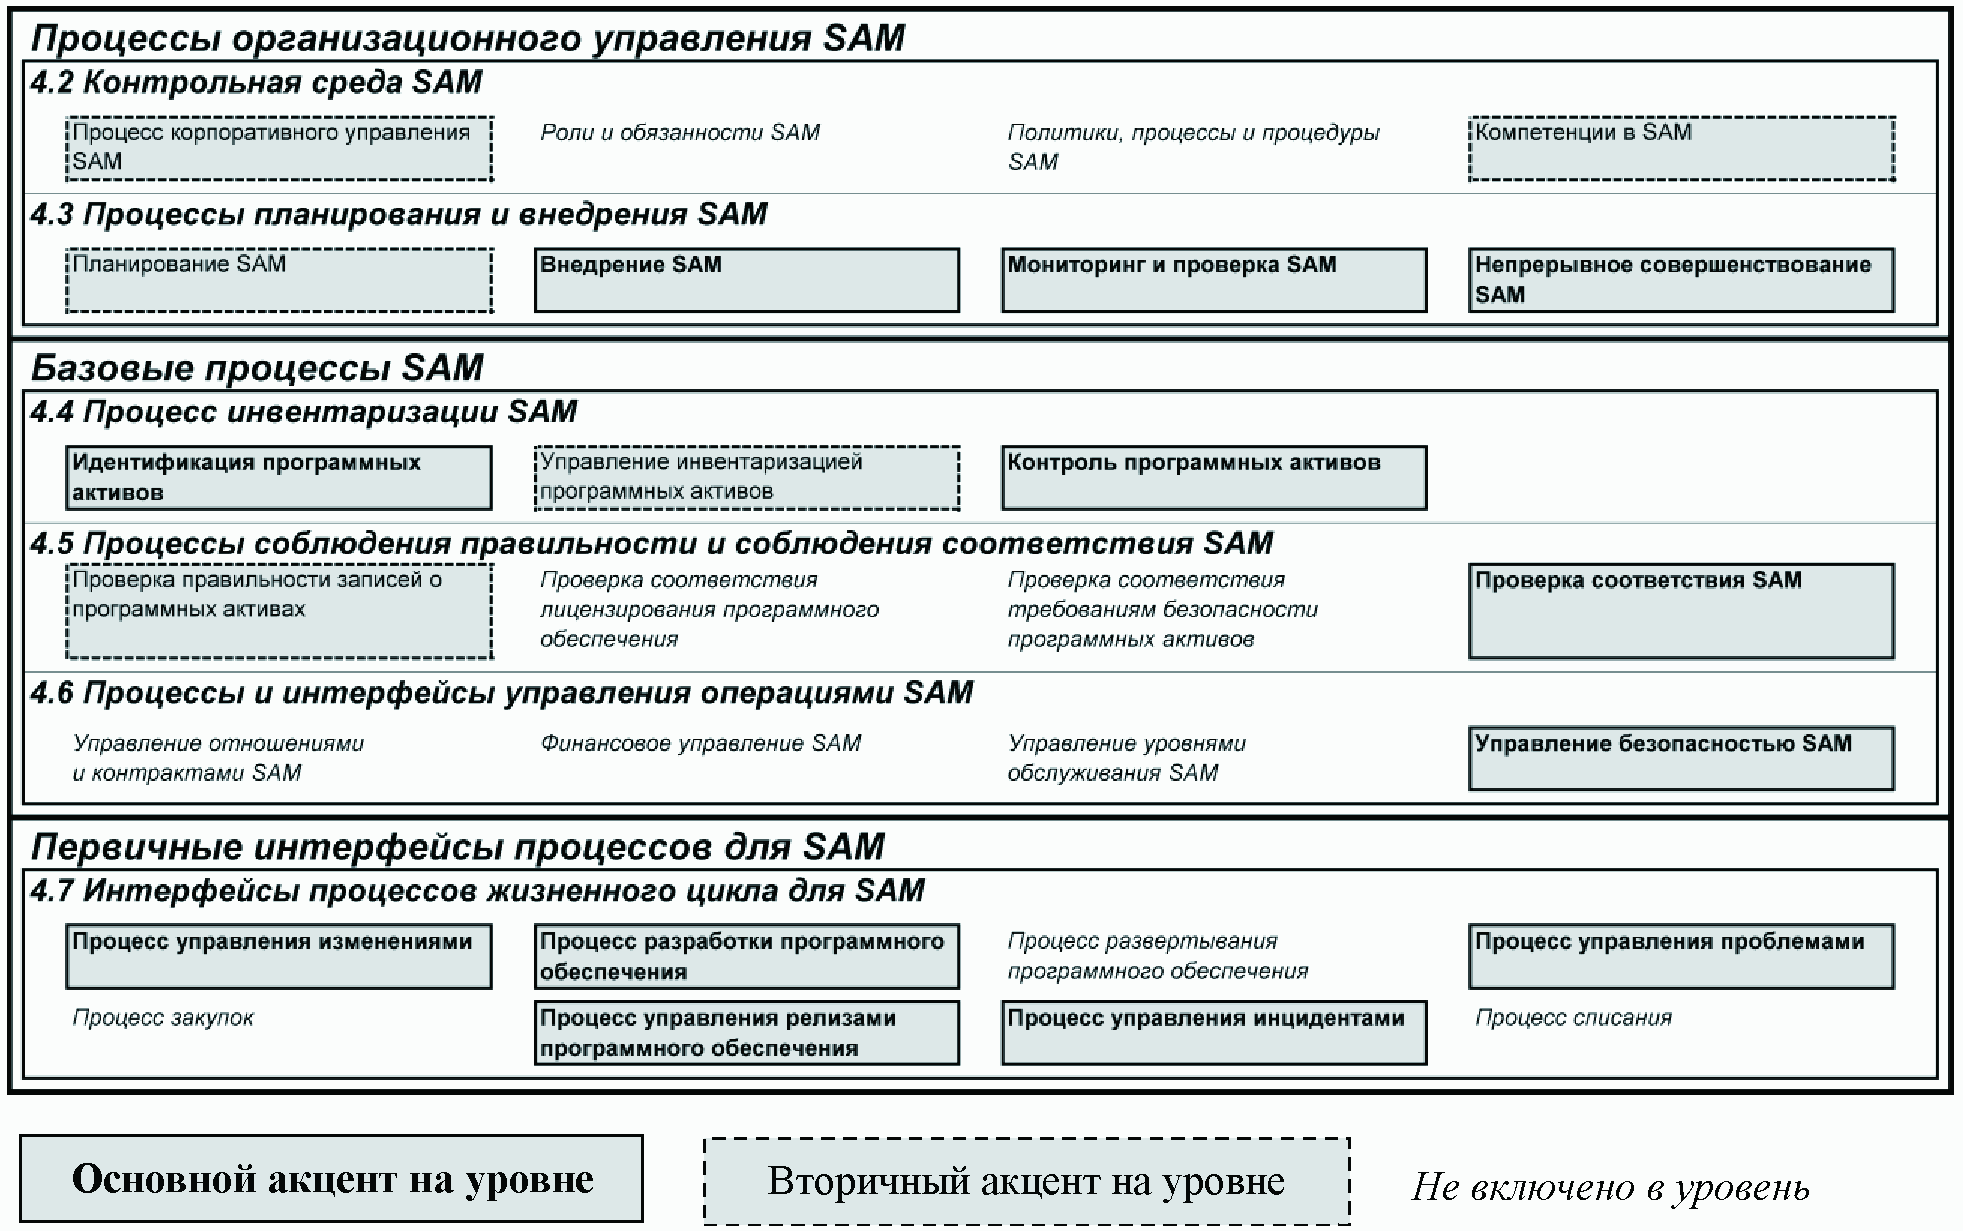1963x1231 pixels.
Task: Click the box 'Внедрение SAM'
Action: pyautogui.click(x=746, y=280)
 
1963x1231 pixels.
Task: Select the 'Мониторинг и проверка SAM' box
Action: pyautogui.click(x=1214, y=280)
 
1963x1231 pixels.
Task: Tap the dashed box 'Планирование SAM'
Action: pyautogui.click(x=279, y=280)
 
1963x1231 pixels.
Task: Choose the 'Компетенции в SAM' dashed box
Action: pyautogui.click(x=1681, y=149)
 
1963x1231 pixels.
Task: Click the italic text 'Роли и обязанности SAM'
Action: pyautogui.click(x=680, y=133)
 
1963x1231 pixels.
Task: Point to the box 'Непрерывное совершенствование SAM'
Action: pyautogui.click(x=1681, y=280)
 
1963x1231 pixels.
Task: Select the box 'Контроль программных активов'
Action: pyautogui.click(x=1214, y=477)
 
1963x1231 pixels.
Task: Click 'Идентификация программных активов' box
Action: pyautogui.click(x=279, y=477)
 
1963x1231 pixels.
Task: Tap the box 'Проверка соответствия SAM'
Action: pyautogui.click(x=1681, y=611)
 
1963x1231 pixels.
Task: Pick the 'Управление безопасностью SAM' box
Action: pyautogui.click(x=1681, y=758)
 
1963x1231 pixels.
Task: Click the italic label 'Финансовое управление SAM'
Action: pyautogui.click(x=700, y=743)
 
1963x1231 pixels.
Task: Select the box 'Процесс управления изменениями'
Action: pyautogui.click(x=279, y=956)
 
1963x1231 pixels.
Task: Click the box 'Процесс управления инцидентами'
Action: pyautogui.click(x=1214, y=1032)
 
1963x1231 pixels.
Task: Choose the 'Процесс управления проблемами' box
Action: pyautogui.click(x=1681, y=956)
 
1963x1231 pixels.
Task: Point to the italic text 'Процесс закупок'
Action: pyautogui.click(x=163, y=1018)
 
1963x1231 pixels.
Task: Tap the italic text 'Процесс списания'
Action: pyautogui.click(x=1573, y=1018)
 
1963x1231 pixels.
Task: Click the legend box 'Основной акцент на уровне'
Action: pyautogui.click(x=331, y=1179)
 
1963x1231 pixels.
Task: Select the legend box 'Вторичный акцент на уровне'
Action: pyautogui.click(x=1026, y=1181)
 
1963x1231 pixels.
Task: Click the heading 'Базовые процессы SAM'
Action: pyautogui.click(x=257, y=368)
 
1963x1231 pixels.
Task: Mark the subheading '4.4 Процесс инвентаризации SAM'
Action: pyautogui.click(x=304, y=412)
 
